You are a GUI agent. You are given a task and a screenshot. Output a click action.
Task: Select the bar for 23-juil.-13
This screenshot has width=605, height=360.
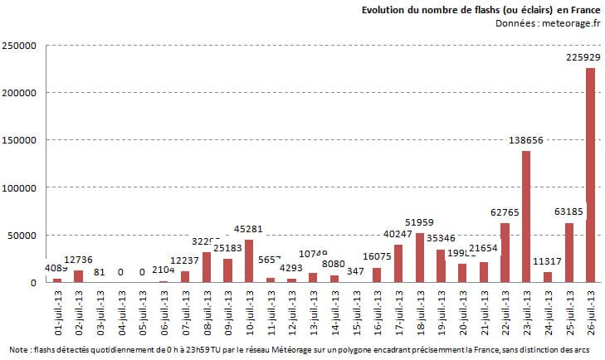[526, 216]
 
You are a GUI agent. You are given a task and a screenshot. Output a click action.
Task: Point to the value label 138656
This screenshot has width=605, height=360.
[525, 140]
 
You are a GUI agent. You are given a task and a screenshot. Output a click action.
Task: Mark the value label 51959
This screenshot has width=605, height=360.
[420, 222]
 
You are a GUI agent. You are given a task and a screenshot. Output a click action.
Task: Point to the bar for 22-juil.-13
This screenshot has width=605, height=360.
[505, 253]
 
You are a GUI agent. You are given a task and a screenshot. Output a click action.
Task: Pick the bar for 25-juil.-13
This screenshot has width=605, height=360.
[569, 252]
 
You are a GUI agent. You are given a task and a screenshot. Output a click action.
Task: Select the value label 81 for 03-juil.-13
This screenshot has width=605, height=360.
[100, 271]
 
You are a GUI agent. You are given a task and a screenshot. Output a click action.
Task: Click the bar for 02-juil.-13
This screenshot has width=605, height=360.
[79, 276]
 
